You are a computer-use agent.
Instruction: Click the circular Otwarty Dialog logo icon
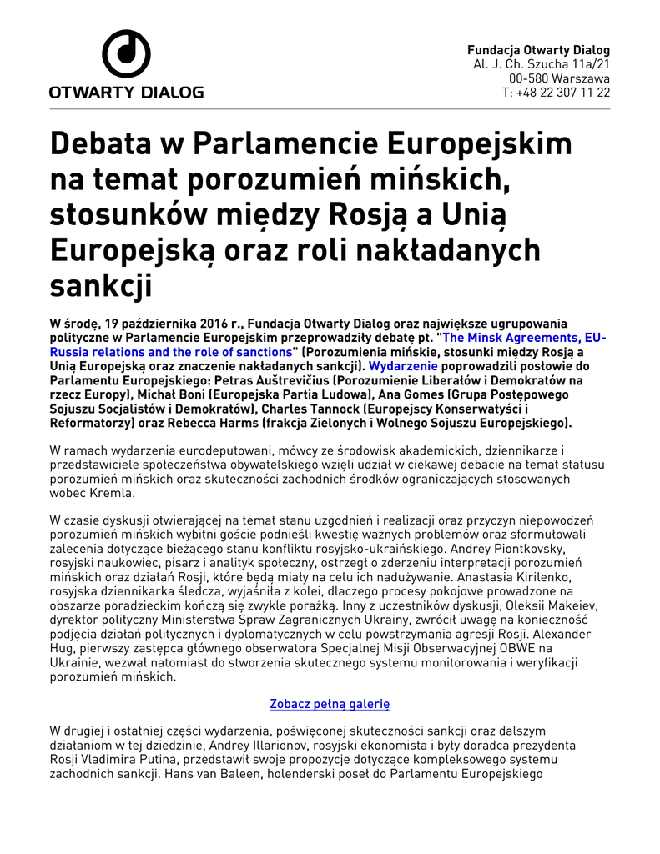(126, 55)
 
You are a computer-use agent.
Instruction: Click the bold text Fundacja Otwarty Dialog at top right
(538, 50)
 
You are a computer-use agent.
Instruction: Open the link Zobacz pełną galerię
(330, 704)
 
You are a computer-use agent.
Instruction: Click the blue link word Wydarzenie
(403, 365)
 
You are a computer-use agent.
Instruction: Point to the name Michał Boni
(134, 394)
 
